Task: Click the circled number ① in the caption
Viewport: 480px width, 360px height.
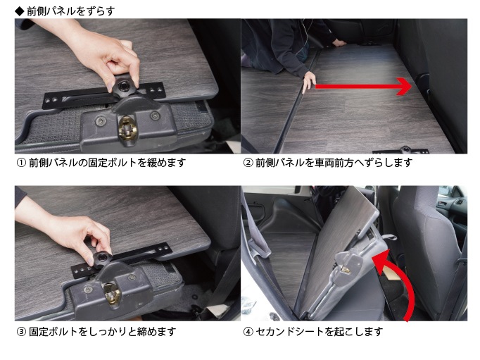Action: (x=20, y=163)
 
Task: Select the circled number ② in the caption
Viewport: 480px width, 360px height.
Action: (x=248, y=163)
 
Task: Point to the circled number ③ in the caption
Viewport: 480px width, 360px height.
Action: (x=20, y=331)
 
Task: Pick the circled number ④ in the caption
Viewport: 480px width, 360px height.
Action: (x=248, y=331)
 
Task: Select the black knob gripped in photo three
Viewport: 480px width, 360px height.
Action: (x=103, y=256)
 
